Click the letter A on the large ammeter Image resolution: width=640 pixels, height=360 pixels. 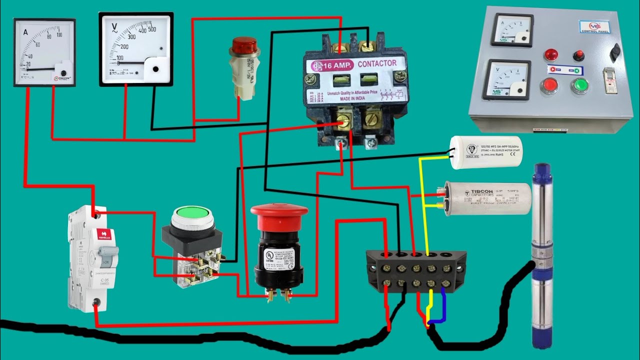pyautogui.click(x=25, y=32)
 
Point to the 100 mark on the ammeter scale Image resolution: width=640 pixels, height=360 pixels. pyautogui.click(x=59, y=34)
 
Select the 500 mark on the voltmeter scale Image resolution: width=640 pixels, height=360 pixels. pyautogui.click(x=151, y=29)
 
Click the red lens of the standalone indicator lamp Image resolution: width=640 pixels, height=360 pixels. pyautogui.click(x=243, y=46)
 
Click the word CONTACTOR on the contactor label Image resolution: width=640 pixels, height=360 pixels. pyautogui.click(x=377, y=63)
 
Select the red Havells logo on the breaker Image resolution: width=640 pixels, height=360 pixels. pyautogui.click(x=104, y=233)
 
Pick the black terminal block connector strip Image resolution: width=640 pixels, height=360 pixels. pyautogui.click(x=416, y=270)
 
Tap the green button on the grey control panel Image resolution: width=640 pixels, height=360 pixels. pyautogui.click(x=580, y=86)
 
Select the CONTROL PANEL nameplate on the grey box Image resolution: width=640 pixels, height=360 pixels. pyautogui.click(x=593, y=26)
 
